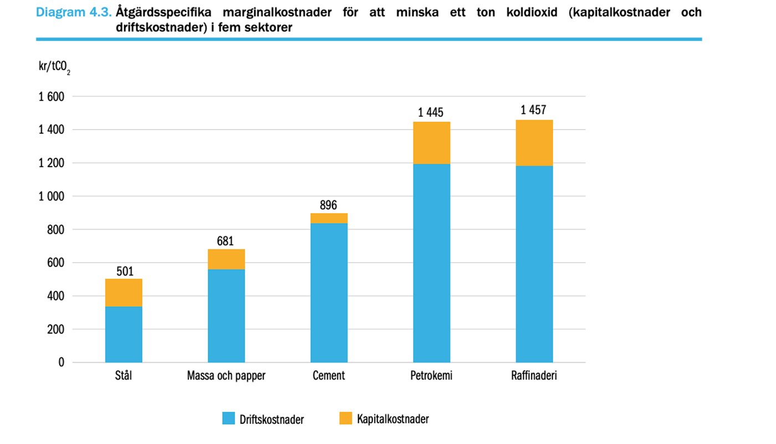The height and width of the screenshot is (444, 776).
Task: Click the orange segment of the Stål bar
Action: click(x=124, y=292)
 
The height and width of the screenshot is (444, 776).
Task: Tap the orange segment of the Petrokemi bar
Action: click(x=431, y=143)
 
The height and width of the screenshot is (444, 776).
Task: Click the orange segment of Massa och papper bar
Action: click(x=226, y=259)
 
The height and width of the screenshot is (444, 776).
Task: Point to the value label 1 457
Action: click(x=533, y=110)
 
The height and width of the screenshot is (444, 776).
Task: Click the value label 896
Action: click(x=328, y=205)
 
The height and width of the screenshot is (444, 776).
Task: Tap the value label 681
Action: click(x=226, y=241)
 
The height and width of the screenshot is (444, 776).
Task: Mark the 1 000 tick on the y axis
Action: click(x=52, y=196)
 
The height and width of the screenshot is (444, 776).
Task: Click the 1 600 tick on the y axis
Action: click(x=52, y=97)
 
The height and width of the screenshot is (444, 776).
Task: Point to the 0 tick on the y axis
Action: click(x=61, y=362)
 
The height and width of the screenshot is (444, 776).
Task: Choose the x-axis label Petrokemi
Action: click(x=431, y=376)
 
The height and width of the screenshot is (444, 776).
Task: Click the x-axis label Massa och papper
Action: click(x=226, y=376)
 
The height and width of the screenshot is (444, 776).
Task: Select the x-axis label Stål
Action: click(x=124, y=376)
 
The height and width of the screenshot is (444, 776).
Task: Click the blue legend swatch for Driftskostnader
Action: click(x=229, y=418)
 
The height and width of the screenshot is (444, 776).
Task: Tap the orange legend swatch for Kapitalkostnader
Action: click(x=346, y=418)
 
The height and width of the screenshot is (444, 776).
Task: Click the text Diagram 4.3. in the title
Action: click(x=73, y=12)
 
